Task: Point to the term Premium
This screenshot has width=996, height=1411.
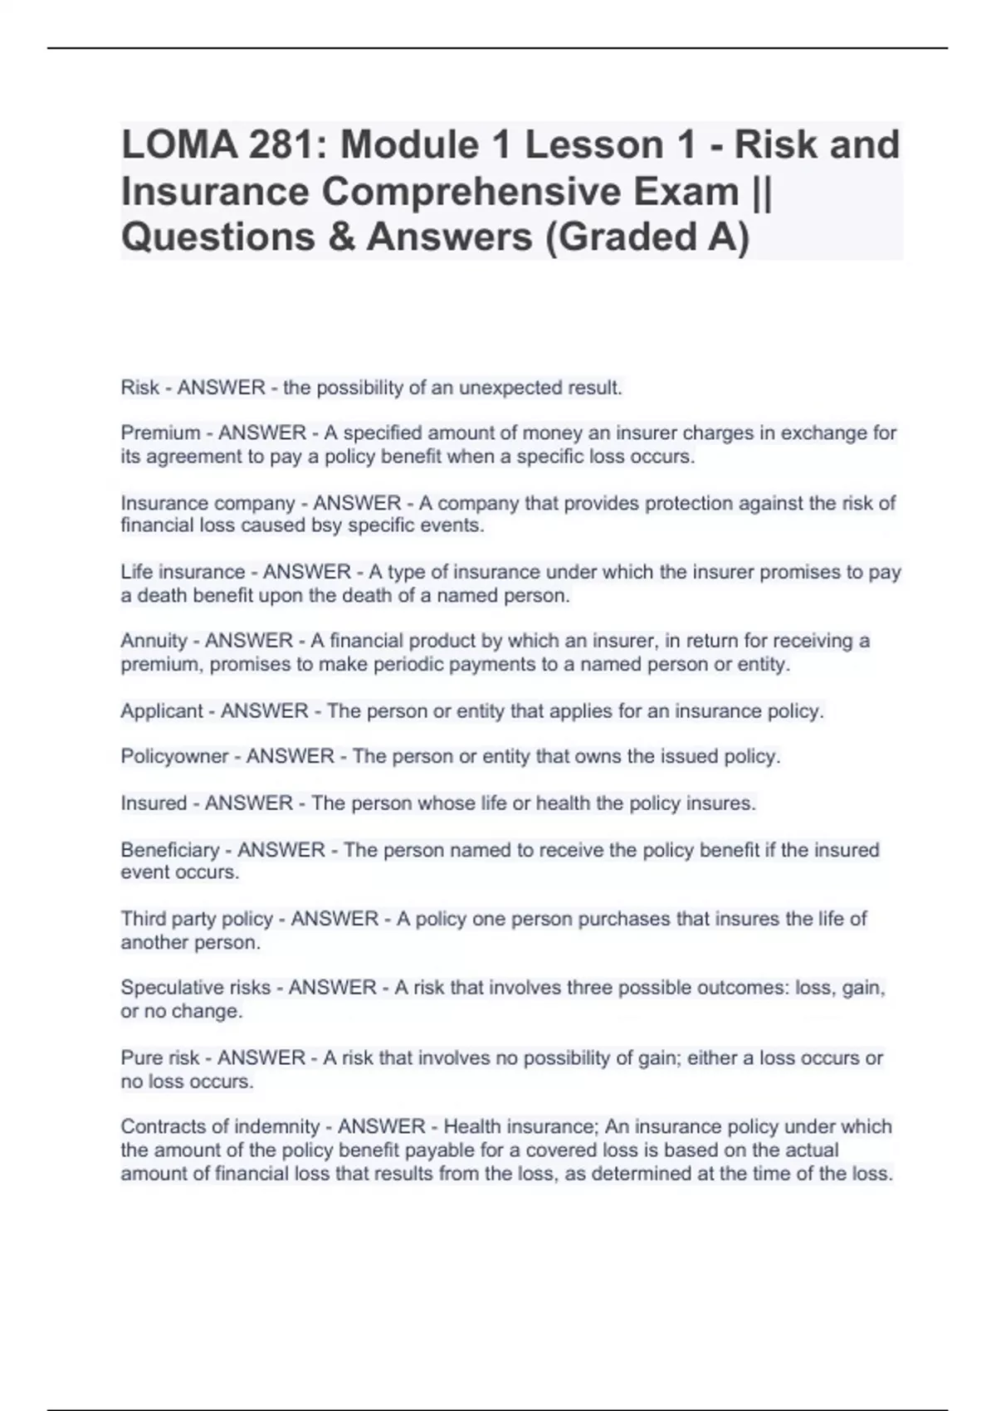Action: [x=160, y=433]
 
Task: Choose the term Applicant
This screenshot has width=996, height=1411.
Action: [x=162, y=711]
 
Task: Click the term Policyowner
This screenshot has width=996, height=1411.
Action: [x=174, y=757]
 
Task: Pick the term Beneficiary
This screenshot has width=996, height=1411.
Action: [x=170, y=850]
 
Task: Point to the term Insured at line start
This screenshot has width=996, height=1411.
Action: [x=154, y=803]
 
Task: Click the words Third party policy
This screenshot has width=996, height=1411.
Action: [x=197, y=919]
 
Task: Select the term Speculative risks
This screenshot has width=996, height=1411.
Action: [x=196, y=988]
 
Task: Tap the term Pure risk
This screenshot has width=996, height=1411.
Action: [x=160, y=1058]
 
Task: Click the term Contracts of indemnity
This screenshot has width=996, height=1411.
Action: [x=220, y=1127]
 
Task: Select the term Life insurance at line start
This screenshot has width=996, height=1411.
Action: [x=183, y=573]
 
